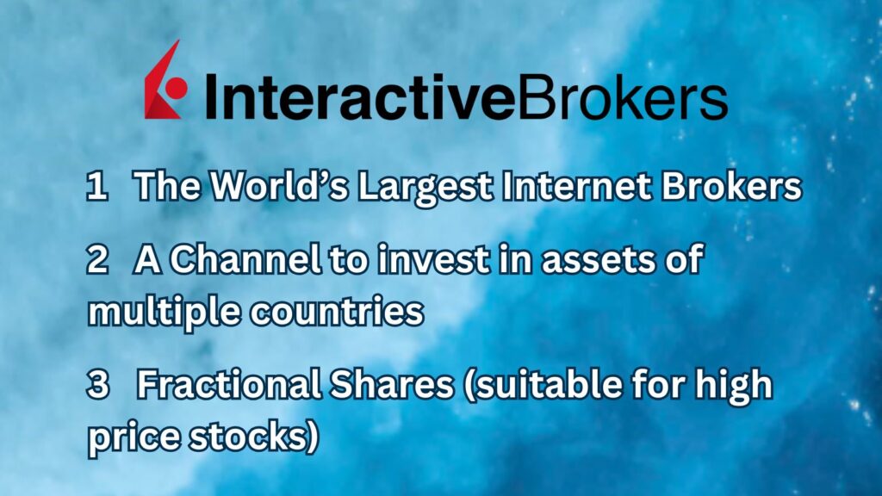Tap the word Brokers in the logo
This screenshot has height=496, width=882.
point(621,96)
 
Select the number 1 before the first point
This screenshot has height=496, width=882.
point(95,188)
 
